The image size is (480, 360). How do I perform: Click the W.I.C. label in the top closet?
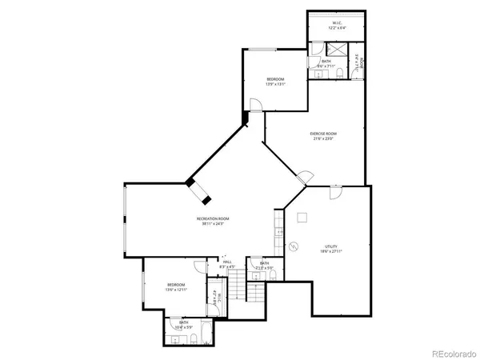(x=337, y=23)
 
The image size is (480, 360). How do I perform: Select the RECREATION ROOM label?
(x=214, y=218)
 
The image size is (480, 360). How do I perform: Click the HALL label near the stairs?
(x=227, y=261)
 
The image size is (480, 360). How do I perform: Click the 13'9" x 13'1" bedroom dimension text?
(x=274, y=84)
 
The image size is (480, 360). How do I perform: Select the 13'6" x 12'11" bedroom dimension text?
(x=176, y=290)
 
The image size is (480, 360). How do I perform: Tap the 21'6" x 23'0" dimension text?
(x=323, y=138)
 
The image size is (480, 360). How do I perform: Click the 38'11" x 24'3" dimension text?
(x=214, y=224)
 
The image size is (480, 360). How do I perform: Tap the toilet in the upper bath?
(x=340, y=74)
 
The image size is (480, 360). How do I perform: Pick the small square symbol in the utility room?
(x=302, y=216)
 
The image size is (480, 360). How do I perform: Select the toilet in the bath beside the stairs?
(x=273, y=274)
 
